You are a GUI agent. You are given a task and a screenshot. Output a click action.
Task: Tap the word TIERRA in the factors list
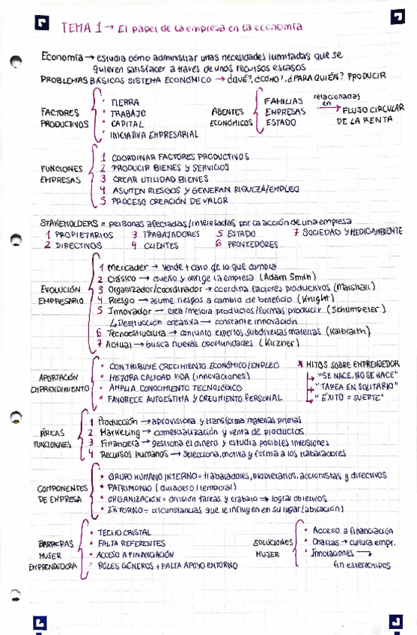124,101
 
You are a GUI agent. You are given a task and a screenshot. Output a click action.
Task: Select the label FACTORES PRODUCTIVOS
64,118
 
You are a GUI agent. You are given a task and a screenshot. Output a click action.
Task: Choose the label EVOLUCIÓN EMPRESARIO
62,294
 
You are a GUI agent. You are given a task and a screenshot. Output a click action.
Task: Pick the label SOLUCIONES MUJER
273,547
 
